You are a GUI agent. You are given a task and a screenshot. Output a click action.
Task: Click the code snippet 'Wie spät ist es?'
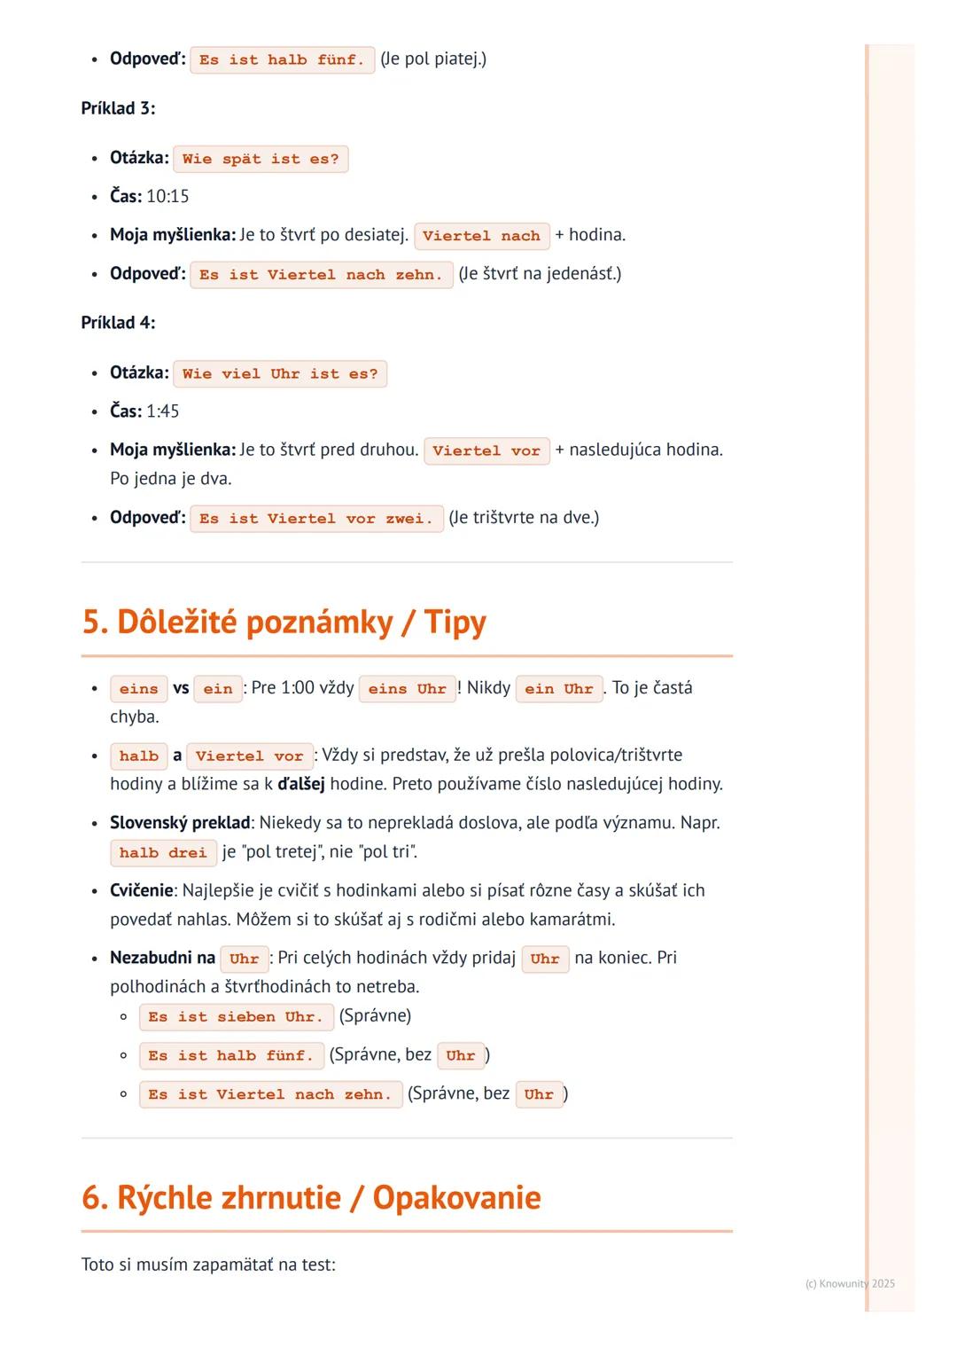pyautogui.click(x=261, y=160)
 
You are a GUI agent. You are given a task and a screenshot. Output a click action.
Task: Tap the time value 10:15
pyautogui.click(x=167, y=197)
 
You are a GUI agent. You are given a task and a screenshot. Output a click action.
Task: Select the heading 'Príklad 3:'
pyautogui.click(x=118, y=108)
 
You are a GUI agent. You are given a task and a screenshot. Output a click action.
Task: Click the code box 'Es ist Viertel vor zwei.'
pyautogui.click(x=316, y=519)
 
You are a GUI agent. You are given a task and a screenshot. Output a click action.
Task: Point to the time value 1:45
pyautogui.click(x=162, y=411)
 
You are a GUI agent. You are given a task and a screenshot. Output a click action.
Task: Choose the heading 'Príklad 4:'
pyautogui.click(x=118, y=323)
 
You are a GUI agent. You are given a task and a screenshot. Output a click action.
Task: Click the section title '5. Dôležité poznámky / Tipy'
pyautogui.click(x=284, y=623)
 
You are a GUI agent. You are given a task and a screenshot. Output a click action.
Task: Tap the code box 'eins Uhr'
pyautogui.click(x=407, y=689)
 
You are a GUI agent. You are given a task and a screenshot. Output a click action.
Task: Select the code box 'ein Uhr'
pyautogui.click(x=558, y=689)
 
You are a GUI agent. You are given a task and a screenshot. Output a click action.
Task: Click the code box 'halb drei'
pyautogui.click(x=163, y=853)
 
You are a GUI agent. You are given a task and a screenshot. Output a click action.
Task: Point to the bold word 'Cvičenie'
pyautogui.click(x=141, y=890)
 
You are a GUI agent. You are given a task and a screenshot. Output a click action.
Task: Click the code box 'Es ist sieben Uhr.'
pyautogui.click(x=236, y=1017)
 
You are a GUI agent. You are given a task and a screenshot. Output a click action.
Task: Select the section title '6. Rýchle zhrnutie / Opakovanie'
pyautogui.click(x=311, y=1198)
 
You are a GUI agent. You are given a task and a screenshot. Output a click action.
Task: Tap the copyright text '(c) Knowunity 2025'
pyautogui.click(x=850, y=1284)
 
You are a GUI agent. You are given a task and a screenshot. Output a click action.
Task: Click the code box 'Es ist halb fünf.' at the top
pyautogui.click(x=282, y=60)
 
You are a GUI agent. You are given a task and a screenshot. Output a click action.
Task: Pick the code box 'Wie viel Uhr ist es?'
pyautogui.click(x=280, y=374)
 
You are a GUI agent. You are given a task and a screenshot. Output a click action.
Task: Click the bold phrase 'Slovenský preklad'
pyautogui.click(x=180, y=823)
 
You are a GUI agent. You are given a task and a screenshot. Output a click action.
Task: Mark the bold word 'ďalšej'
pyautogui.click(x=301, y=785)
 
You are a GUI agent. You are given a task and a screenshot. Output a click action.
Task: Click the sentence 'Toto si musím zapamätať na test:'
pyautogui.click(x=208, y=1265)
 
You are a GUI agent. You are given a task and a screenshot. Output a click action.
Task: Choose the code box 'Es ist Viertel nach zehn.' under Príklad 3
pyautogui.click(x=321, y=275)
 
